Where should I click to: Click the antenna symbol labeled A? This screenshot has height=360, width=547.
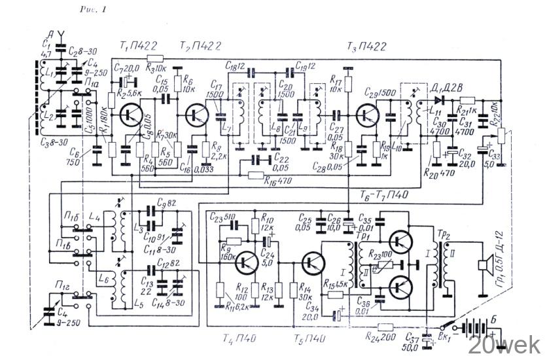coord(61,31)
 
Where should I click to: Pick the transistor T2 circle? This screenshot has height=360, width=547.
coord(196,115)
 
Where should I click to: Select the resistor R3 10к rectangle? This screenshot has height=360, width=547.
coord(155,60)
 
